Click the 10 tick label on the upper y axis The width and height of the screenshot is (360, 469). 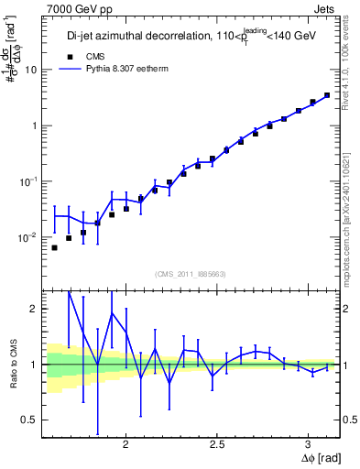[x=32, y=70]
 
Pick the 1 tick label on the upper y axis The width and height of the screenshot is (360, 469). [x=35, y=125]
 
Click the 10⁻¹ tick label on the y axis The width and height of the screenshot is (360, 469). [x=29, y=180]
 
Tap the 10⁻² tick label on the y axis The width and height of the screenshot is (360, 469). [x=29, y=236]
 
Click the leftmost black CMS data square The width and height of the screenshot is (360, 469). [x=54, y=247]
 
